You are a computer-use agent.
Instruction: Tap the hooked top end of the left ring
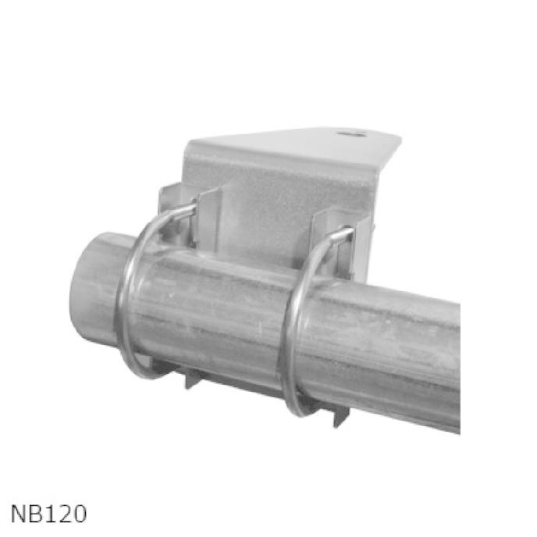coord(186,209)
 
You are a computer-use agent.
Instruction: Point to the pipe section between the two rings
coord(211,312)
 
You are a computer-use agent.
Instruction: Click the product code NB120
coord(48,514)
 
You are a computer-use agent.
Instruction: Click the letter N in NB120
coord(19,514)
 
